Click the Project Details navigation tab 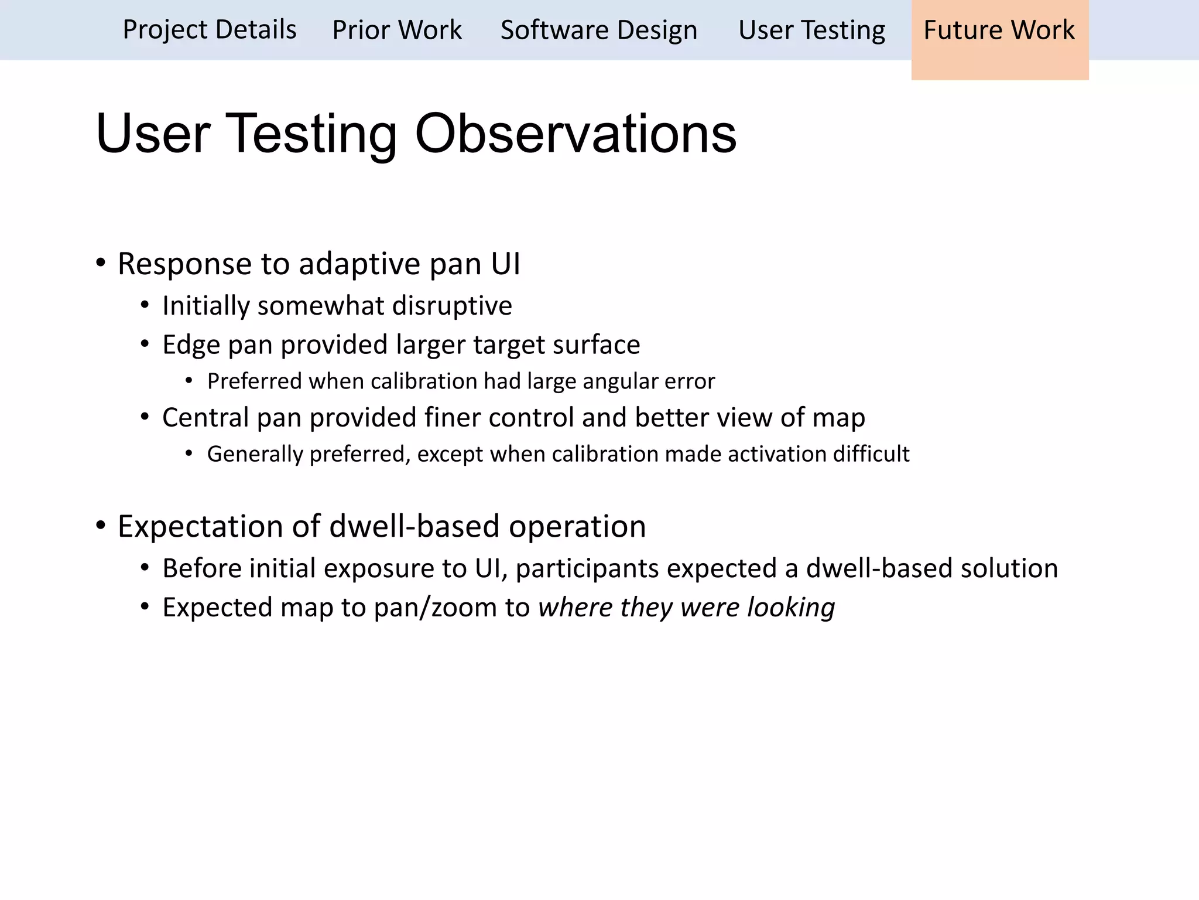coord(209,30)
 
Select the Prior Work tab coord(397,30)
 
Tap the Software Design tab coord(599,30)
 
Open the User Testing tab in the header coord(811,30)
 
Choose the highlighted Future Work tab coord(999,30)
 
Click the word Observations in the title coord(575,134)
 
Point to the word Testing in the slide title coord(311,134)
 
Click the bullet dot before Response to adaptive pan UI coord(101,262)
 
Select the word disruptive coord(452,306)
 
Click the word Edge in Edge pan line coord(186,345)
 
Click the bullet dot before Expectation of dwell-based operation coord(101,525)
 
